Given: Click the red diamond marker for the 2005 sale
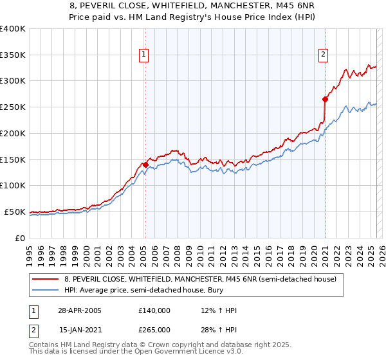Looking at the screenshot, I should (145, 165).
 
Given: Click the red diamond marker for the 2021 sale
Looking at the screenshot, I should (325, 99).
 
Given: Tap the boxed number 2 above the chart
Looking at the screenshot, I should (322, 55).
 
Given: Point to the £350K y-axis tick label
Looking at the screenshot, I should (13, 55).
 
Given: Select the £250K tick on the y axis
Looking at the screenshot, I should (13, 107).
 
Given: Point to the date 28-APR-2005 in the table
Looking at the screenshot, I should (80, 310).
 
